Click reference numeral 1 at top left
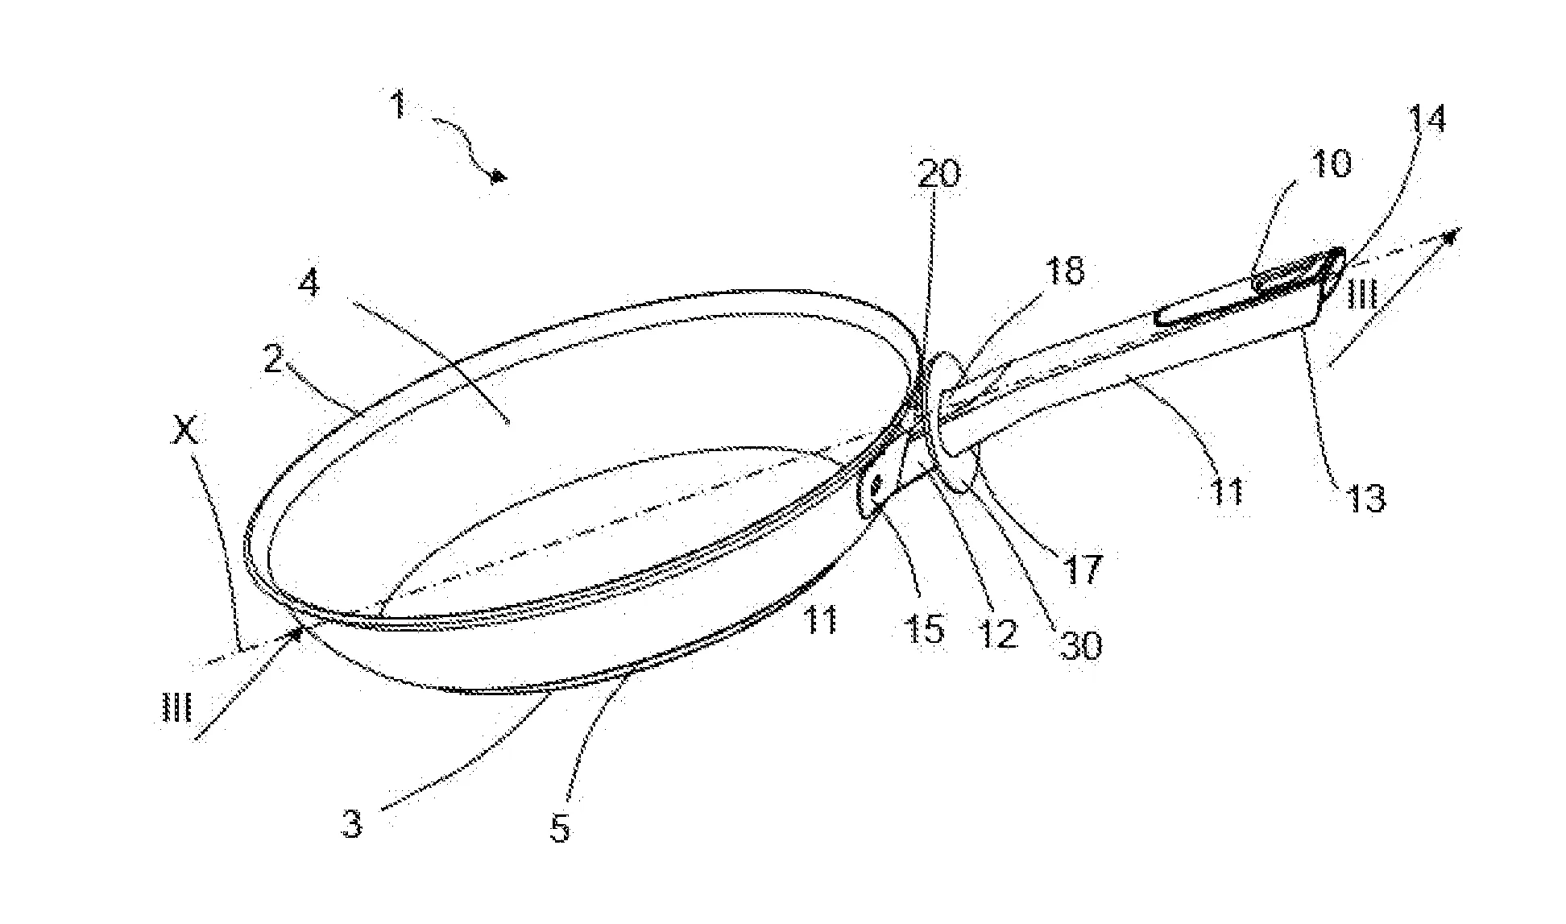(398, 105)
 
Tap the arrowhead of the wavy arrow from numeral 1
(499, 176)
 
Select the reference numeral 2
(274, 360)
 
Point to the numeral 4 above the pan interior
(310, 283)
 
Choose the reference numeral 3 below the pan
(352, 823)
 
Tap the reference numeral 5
(561, 827)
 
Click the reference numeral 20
(938, 173)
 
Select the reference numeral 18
(1064, 271)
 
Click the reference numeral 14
(1427, 118)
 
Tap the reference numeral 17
(1082, 570)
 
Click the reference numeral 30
(1080, 644)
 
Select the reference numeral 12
(997, 634)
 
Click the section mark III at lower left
(176, 709)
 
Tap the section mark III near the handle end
(1362, 296)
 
